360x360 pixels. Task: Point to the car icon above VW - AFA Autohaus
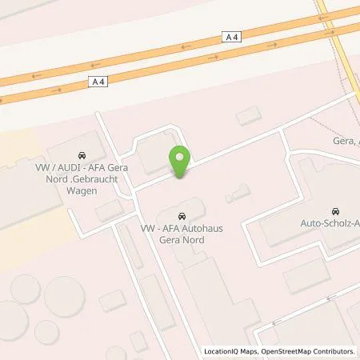point(184,215)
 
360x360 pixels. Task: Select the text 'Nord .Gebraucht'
point(82,179)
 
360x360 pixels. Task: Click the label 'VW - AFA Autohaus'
point(180,228)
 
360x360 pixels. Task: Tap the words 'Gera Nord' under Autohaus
point(180,239)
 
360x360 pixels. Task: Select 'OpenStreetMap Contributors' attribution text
point(306,351)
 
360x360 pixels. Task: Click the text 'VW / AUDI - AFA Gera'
point(82,168)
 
